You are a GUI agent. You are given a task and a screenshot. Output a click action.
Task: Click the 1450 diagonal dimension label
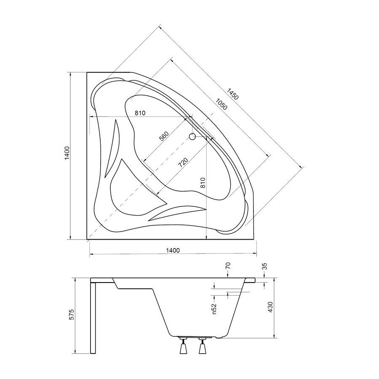coord(233,94)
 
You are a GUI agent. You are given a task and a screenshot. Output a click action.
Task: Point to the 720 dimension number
coord(183,163)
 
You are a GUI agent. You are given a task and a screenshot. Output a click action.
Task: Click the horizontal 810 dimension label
coord(140,113)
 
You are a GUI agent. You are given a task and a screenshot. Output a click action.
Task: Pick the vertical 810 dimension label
coord(203,183)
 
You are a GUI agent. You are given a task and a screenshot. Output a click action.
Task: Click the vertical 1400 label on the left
coord(67,153)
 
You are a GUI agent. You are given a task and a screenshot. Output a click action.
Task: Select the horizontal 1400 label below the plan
coord(173,250)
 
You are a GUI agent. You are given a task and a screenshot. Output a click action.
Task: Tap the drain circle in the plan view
coord(192,137)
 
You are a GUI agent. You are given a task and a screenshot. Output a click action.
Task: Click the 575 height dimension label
coord(72,314)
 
